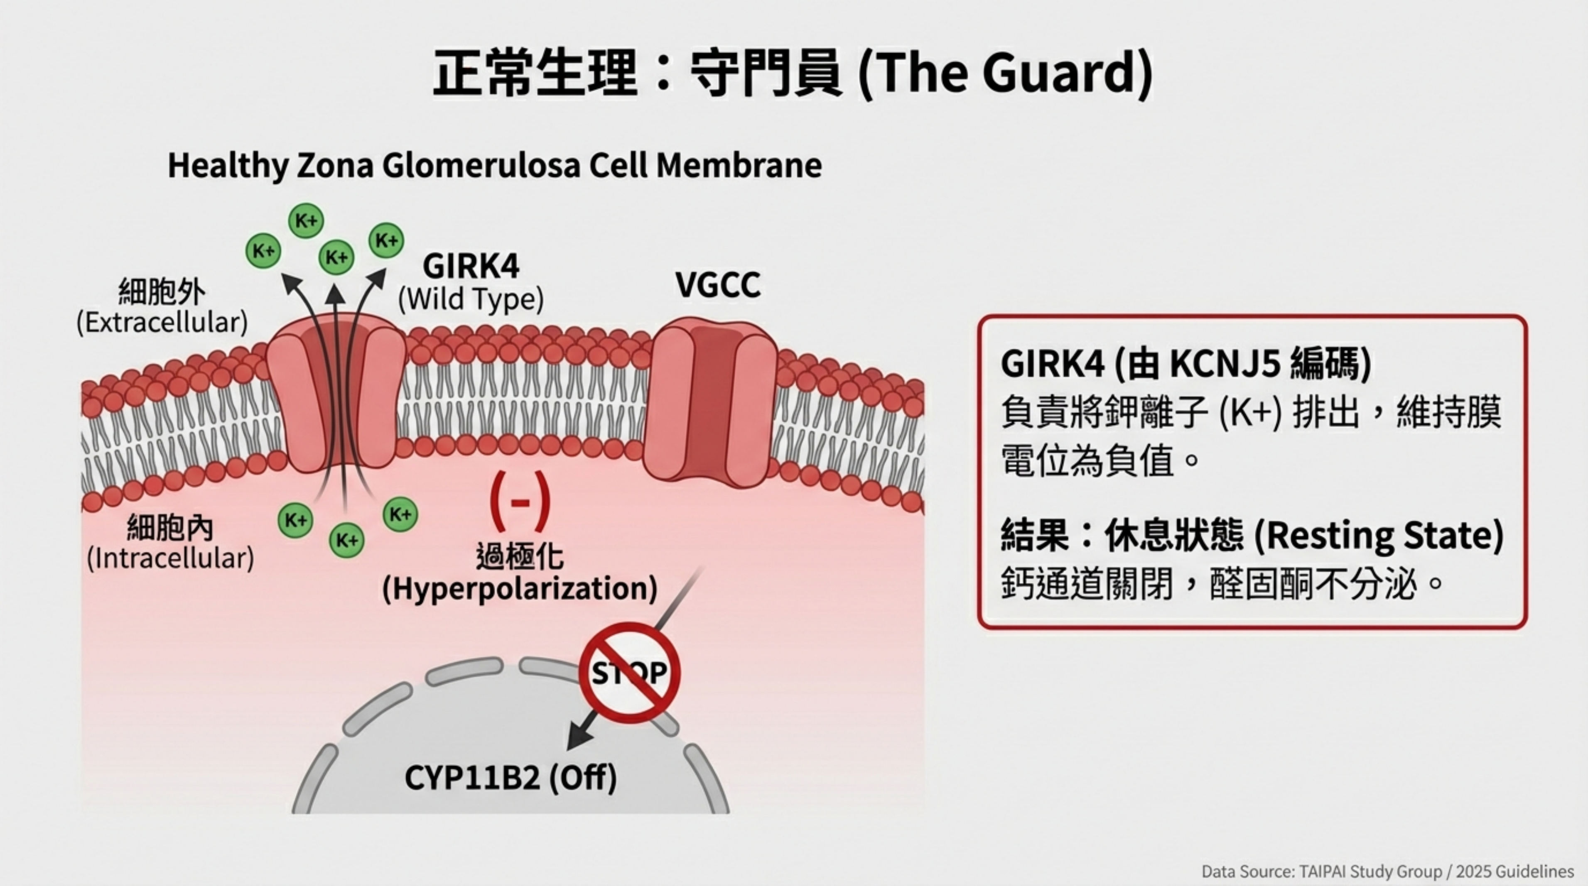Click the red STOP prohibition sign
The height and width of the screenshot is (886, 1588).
[629, 672]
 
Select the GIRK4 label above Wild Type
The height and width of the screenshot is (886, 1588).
[471, 266]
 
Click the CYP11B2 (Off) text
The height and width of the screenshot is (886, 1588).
[511, 778]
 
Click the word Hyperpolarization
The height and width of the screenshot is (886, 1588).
[520, 588]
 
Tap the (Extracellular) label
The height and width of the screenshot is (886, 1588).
[162, 322]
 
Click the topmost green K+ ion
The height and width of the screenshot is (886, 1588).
[306, 220]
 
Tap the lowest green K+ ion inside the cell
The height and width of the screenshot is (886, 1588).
[346, 540]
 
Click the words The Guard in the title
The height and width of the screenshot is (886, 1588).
[1005, 73]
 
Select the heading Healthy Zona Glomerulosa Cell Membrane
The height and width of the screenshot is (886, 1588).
[494, 165]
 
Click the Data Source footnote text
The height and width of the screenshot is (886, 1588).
[1387, 871]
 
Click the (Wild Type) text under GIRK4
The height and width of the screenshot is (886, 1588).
[471, 299]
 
